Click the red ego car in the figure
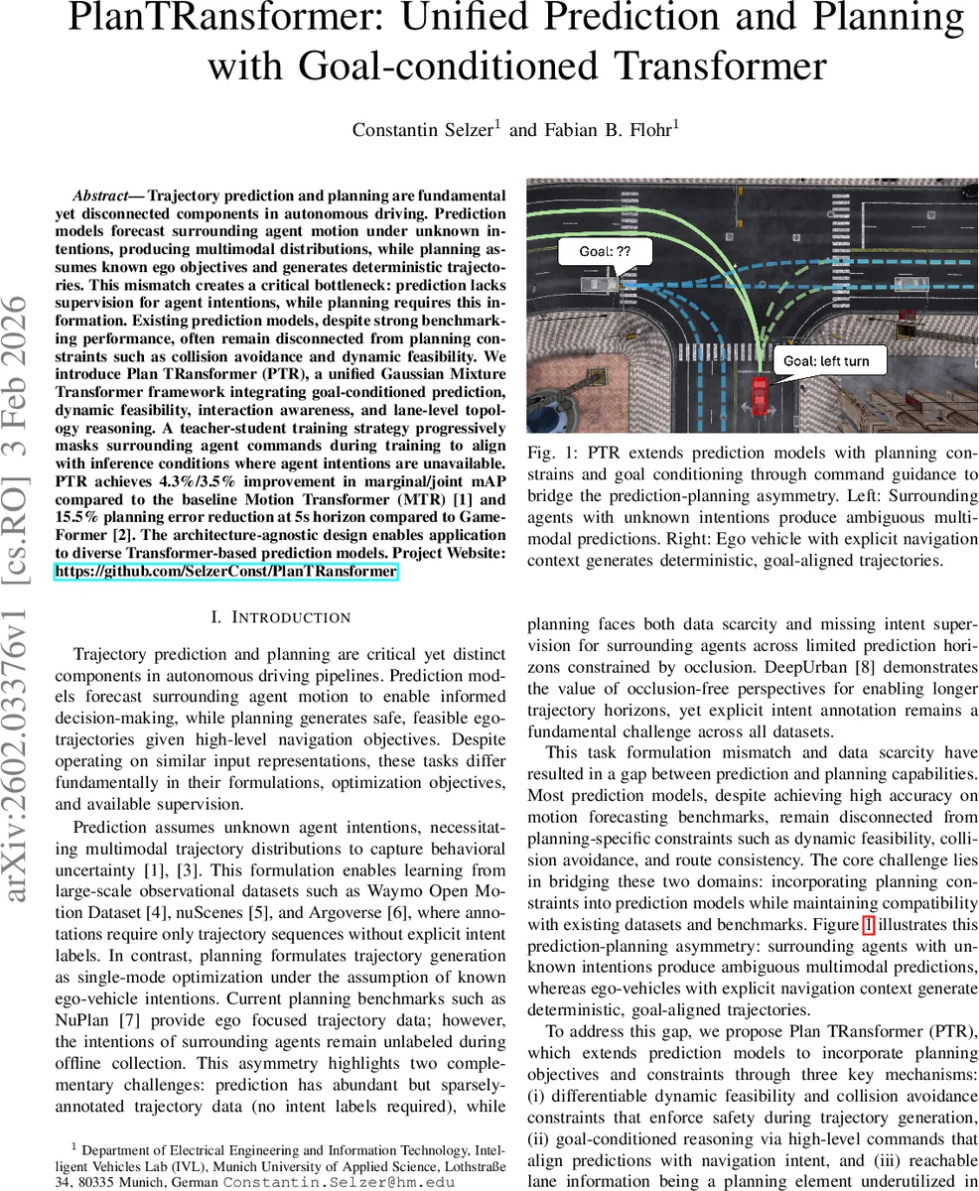click(x=760, y=395)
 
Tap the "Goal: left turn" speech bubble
click(x=828, y=360)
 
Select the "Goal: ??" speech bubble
click(x=605, y=252)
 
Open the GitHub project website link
click(x=226, y=572)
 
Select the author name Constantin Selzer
click(x=424, y=129)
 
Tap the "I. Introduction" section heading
click(x=281, y=617)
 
